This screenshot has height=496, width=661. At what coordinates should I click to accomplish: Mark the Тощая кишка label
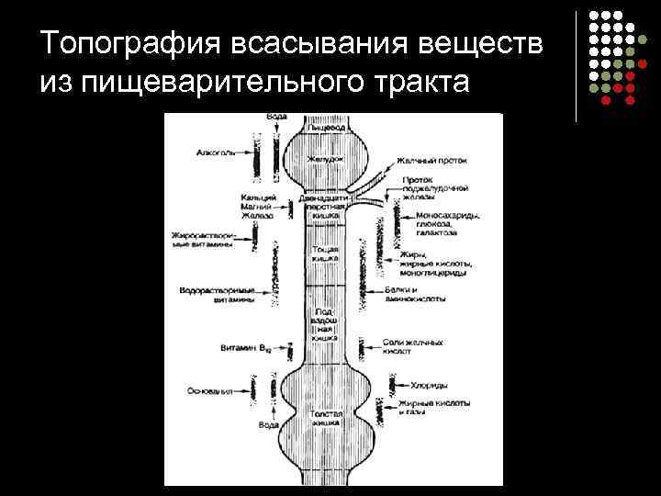tap(326, 254)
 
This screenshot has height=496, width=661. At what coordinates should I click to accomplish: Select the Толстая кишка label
tap(326, 419)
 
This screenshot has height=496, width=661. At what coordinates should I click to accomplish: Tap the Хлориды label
tap(428, 386)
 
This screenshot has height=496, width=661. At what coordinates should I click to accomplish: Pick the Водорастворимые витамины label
tap(218, 294)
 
